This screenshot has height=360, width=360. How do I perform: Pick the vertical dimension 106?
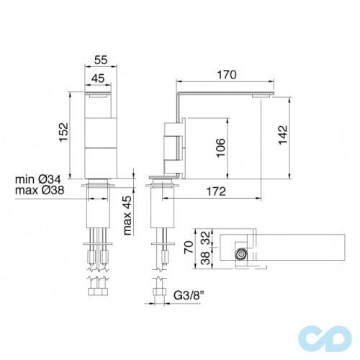click(x=222, y=148)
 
